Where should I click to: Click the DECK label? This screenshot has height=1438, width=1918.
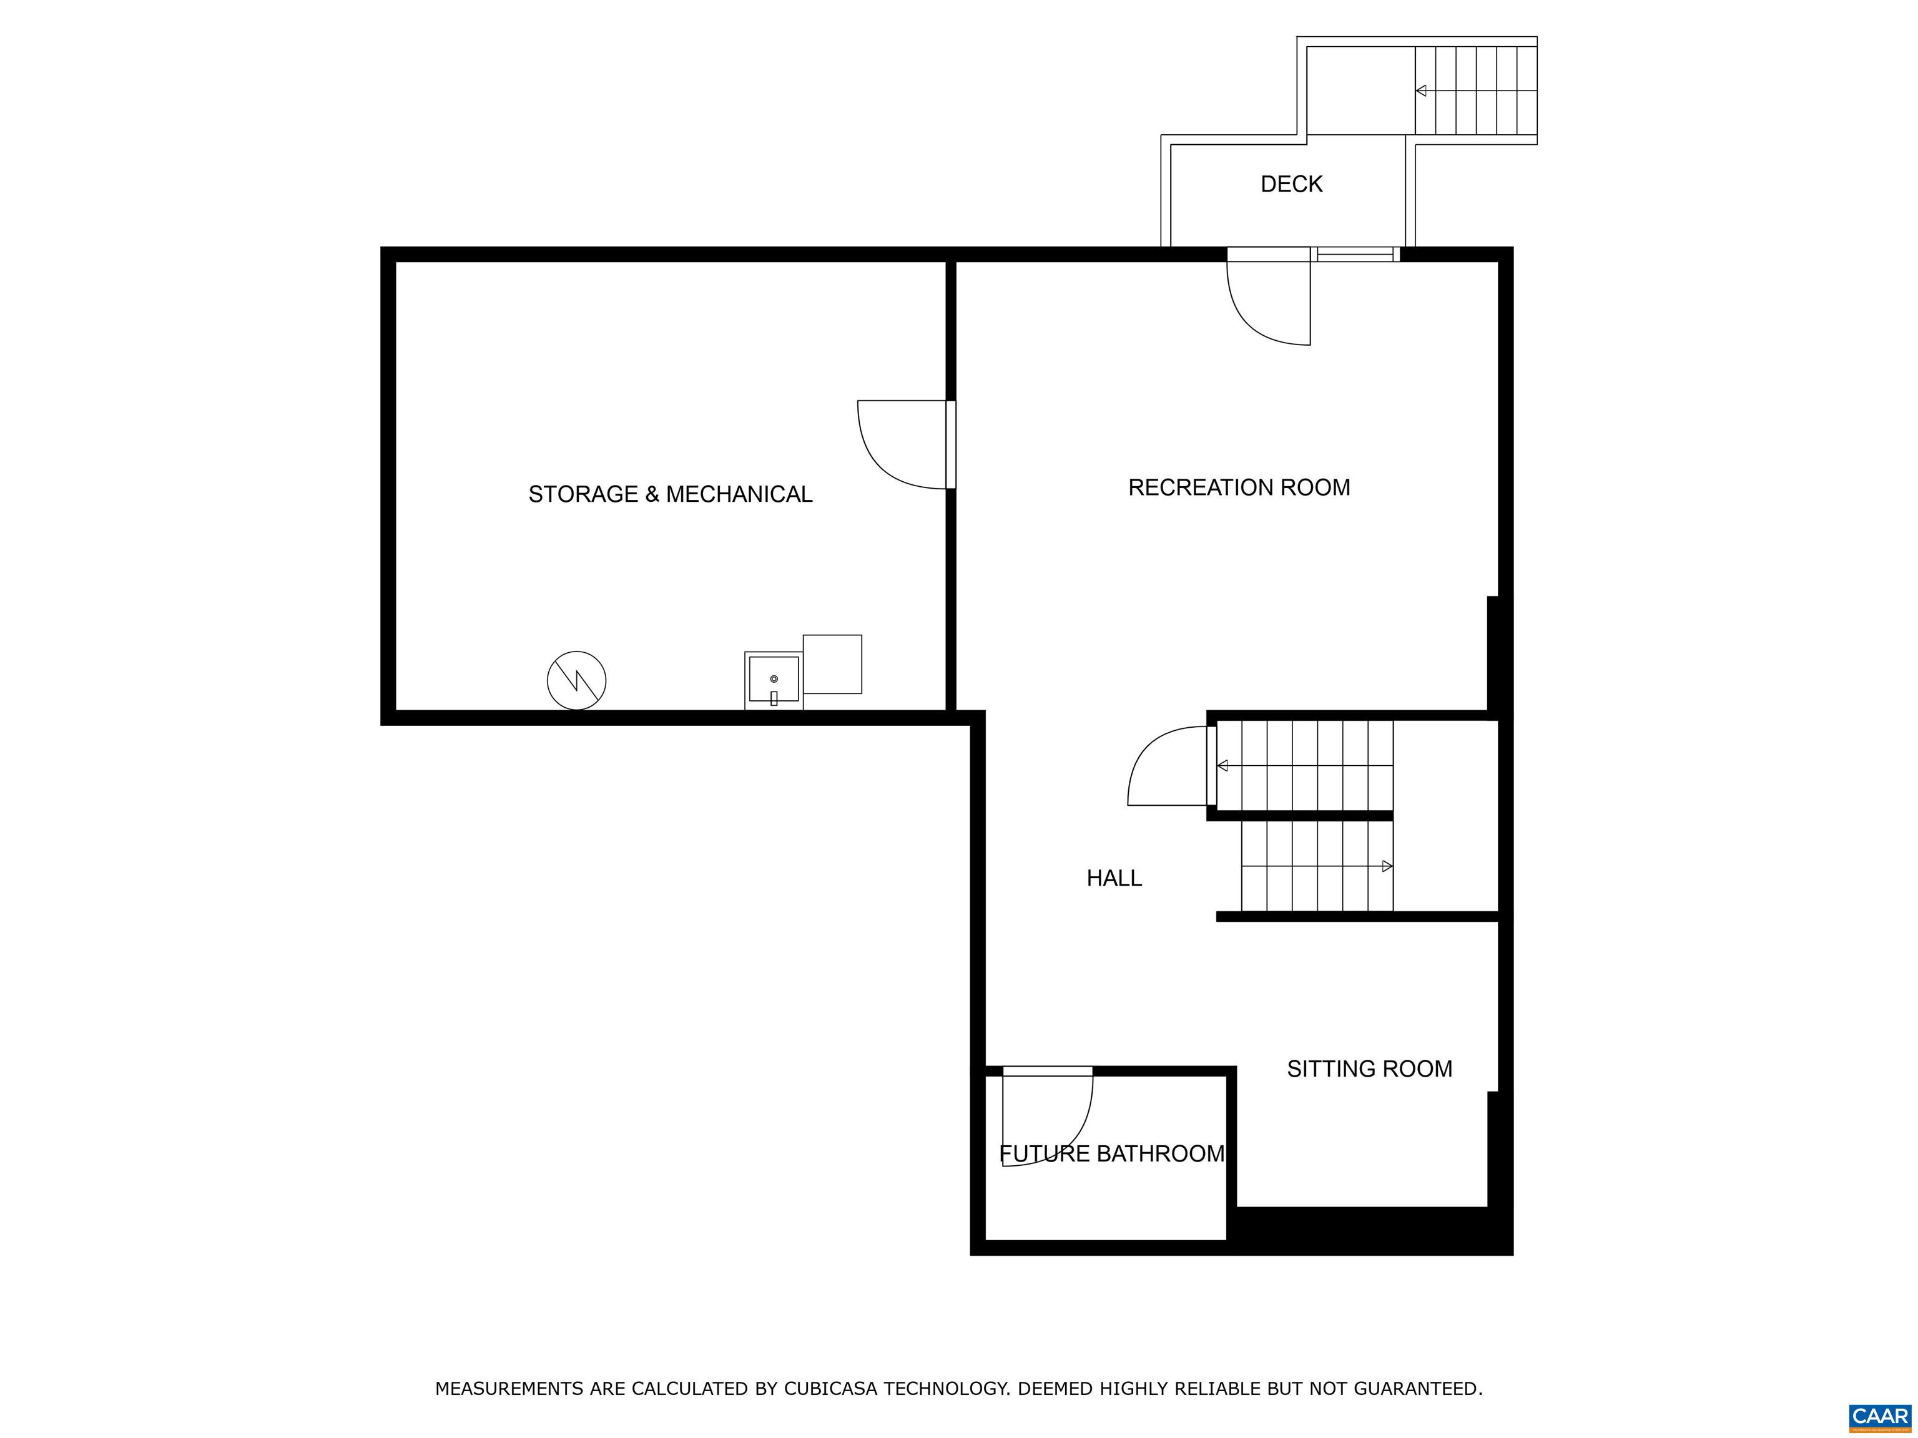1291,183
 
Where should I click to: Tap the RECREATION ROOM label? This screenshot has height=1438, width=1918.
1239,487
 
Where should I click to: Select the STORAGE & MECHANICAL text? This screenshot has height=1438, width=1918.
671,494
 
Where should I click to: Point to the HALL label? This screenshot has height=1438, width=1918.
1114,878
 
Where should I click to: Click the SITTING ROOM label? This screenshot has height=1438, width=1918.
1369,1069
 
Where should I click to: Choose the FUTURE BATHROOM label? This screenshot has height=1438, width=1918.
1111,1153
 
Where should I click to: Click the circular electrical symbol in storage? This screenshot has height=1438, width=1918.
577,680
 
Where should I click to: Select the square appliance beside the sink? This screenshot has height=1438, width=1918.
832,664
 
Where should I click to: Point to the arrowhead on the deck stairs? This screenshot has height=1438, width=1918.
1421,90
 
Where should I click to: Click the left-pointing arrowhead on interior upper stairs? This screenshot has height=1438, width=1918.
1222,765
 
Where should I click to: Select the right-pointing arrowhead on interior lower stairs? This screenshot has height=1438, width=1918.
1387,866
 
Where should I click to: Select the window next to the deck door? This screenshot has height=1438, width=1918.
1355,254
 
